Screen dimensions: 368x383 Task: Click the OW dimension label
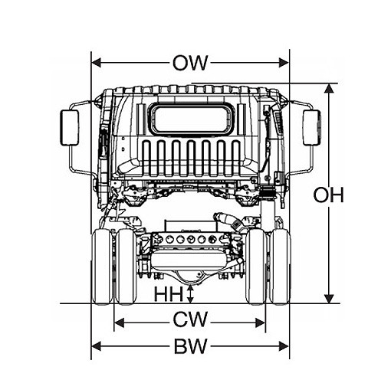coord(190,63)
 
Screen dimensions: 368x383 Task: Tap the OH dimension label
coord(328,195)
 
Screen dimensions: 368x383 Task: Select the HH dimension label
coord(169,294)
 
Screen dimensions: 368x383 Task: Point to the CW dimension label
coord(190,319)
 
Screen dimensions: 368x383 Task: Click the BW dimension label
coord(190,346)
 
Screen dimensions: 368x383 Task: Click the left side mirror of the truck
coord(70,128)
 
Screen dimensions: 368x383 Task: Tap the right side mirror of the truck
coord(312,128)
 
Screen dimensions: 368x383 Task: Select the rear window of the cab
coord(192,119)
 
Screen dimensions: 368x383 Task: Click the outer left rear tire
coord(102,267)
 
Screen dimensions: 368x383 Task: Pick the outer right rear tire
coord(281,267)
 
